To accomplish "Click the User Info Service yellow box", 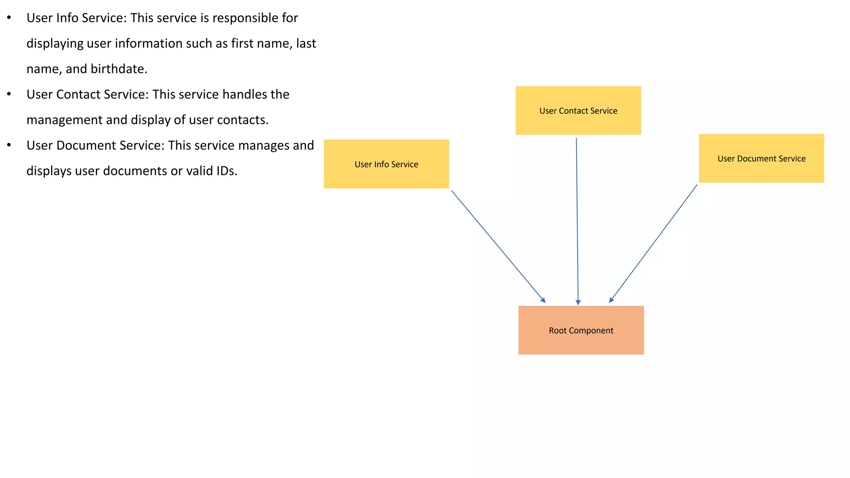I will pyautogui.click(x=386, y=164).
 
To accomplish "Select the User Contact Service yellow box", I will pyautogui.click(x=578, y=110).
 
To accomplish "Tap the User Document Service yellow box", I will pyautogui.click(x=761, y=158).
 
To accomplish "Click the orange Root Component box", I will pyautogui.click(x=581, y=330).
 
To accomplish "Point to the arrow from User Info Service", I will pyautogui.click(x=498, y=246).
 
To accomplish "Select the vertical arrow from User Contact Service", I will pyautogui.click(x=577, y=220).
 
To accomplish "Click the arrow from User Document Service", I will pyautogui.click(x=654, y=243).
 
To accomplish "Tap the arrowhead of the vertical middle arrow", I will pyautogui.click(x=578, y=302).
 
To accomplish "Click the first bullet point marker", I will pyautogui.click(x=9, y=18).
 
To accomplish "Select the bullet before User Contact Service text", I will pyautogui.click(x=9, y=94).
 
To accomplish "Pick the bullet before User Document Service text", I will pyautogui.click(x=9, y=145).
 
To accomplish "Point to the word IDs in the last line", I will pyautogui.click(x=225, y=171).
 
